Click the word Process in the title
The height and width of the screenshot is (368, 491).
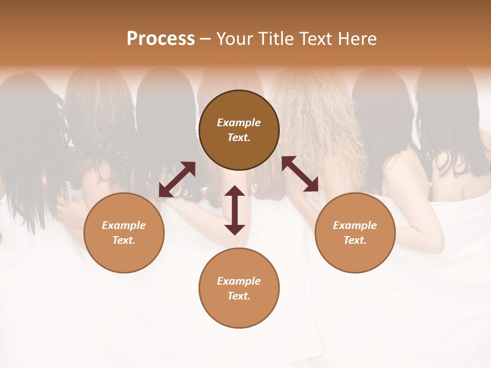tap(161, 39)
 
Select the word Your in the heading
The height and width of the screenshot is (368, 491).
tap(235, 39)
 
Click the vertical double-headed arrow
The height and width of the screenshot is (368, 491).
tap(235, 210)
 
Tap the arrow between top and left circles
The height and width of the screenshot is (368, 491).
tap(177, 179)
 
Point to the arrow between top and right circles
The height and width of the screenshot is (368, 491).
tap(300, 174)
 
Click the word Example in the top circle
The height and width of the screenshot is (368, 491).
tap(239, 123)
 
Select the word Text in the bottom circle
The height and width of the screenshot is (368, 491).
tap(239, 296)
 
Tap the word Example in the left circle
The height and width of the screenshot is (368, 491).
tap(124, 225)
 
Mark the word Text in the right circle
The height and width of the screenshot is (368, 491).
tap(355, 240)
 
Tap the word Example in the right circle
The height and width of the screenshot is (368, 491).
tap(355, 225)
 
